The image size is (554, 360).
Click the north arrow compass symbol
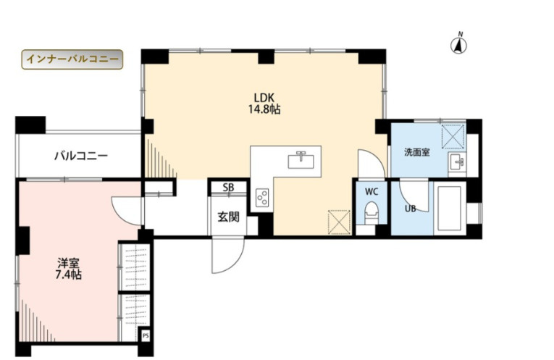click(x=459, y=43)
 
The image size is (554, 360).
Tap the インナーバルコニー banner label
click(x=72, y=59)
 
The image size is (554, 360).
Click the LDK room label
click(x=264, y=98)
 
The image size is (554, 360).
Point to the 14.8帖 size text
click(x=264, y=109)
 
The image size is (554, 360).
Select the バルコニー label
click(x=81, y=156)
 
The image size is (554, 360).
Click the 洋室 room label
click(x=69, y=262)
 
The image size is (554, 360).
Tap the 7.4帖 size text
click(x=69, y=275)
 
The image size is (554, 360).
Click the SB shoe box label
click(x=228, y=188)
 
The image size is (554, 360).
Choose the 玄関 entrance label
click(x=228, y=217)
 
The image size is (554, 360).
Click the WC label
click(x=372, y=192)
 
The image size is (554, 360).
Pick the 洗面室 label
click(x=417, y=152)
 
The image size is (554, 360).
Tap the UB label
click(x=410, y=209)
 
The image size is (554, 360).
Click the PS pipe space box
click(x=146, y=336)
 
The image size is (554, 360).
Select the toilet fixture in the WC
click(x=371, y=212)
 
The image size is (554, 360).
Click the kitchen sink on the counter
click(x=301, y=160)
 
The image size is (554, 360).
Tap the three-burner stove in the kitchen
click(x=262, y=198)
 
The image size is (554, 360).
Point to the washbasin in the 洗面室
click(x=457, y=162)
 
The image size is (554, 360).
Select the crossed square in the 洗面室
click(x=453, y=136)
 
